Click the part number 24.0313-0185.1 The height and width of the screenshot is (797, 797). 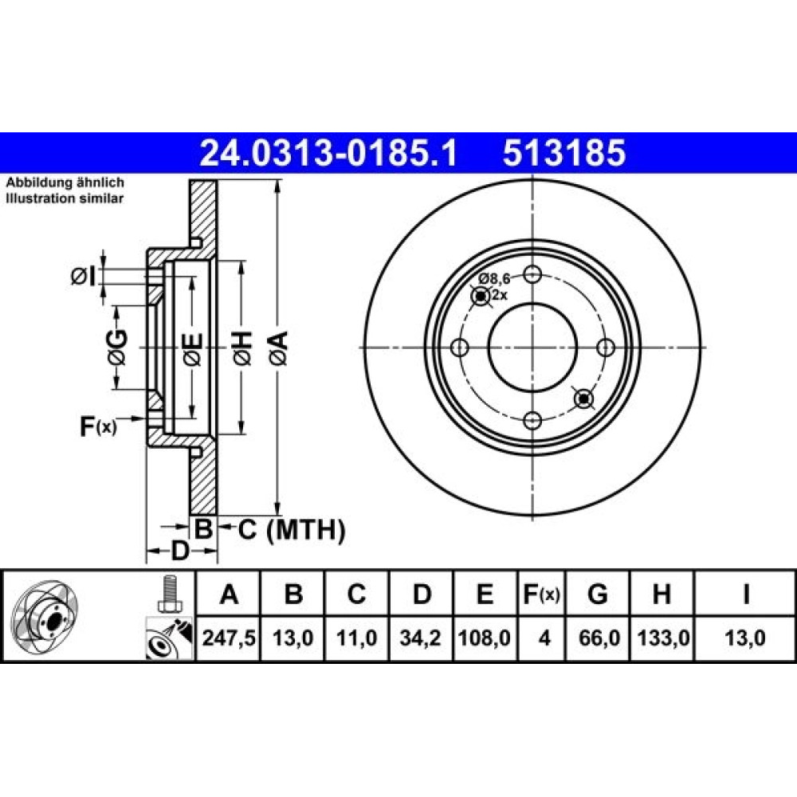point(329,153)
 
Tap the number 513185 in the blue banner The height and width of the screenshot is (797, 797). point(564,153)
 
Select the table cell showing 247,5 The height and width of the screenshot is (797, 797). point(228,638)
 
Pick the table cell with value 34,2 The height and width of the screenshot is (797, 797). point(420,638)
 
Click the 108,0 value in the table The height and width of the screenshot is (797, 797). point(485,638)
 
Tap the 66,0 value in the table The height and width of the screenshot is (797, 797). point(599,638)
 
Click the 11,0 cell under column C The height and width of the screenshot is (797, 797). point(356,638)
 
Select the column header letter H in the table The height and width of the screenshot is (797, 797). point(662,594)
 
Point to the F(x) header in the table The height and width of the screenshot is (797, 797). point(541,594)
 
